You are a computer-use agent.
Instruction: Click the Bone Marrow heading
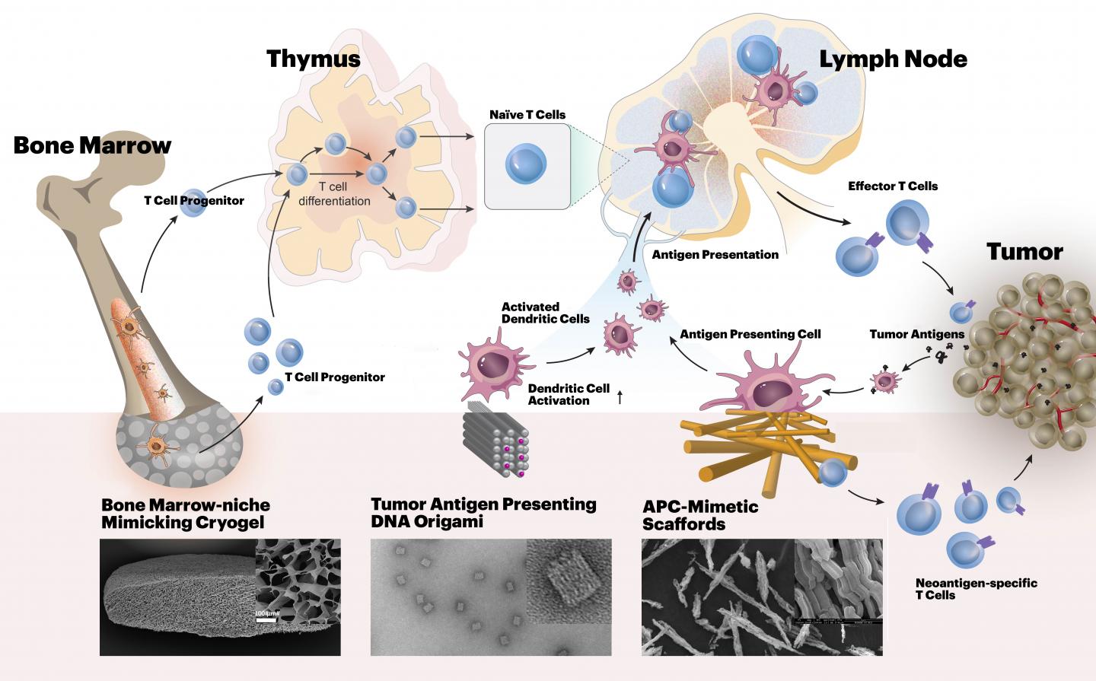92,145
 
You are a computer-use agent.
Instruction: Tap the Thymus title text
313,59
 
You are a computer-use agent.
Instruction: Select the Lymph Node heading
892,59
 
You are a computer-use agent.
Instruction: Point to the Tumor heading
1024,251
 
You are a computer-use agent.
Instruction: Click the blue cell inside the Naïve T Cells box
527,166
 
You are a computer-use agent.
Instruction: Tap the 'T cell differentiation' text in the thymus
334,193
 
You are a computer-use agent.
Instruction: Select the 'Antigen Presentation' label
715,255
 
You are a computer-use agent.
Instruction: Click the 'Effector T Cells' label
893,186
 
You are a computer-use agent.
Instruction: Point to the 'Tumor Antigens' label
916,334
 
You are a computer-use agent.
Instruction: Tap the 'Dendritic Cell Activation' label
569,394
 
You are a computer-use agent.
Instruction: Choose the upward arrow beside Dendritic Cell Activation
620,396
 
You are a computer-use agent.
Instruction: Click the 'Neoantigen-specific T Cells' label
976,589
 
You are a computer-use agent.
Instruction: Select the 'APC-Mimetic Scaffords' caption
700,515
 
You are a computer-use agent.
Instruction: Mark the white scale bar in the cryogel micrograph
266,619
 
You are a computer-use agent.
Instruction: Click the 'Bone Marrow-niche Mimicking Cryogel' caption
186,514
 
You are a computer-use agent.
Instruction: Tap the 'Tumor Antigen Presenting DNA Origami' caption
483,513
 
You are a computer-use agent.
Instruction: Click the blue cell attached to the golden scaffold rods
832,473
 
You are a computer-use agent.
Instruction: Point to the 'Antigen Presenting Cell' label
750,334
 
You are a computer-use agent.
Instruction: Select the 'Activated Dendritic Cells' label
545,313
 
